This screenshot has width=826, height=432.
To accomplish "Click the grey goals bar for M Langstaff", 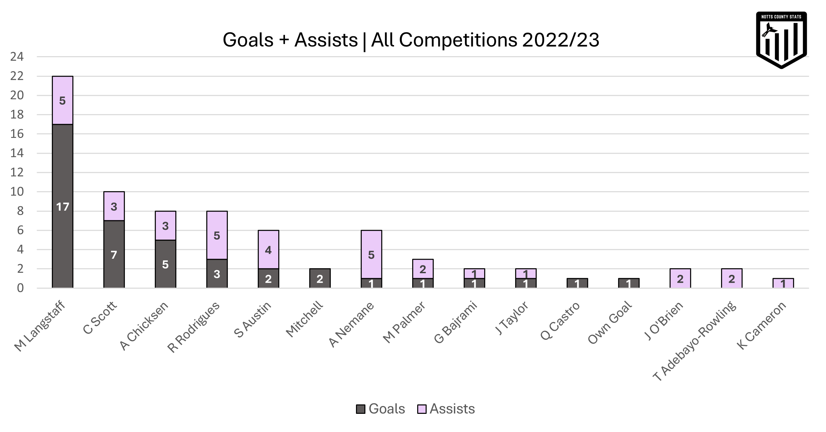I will (x=63, y=206).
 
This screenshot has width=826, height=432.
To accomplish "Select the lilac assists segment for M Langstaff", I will (x=63, y=101).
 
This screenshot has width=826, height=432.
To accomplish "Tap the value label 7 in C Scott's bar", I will (x=114, y=255).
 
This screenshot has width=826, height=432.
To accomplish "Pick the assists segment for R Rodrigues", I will (x=217, y=235).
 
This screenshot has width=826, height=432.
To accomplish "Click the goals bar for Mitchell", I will (x=320, y=279).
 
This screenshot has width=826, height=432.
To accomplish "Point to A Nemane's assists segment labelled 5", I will (x=371, y=254).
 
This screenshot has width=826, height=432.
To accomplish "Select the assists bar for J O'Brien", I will (x=680, y=279).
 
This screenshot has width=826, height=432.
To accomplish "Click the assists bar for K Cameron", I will (x=783, y=284).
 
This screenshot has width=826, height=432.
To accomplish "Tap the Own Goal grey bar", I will (x=629, y=284).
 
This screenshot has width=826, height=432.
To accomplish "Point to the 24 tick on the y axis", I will (x=17, y=57).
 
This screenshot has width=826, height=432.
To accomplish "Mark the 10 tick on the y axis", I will (x=17, y=192).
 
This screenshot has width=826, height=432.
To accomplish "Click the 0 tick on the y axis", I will (x=20, y=288).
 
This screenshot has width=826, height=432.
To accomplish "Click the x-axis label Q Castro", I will (x=561, y=320).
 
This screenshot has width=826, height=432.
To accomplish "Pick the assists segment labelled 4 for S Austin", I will (x=268, y=250).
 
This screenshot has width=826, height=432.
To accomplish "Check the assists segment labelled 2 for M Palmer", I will (x=423, y=269).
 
